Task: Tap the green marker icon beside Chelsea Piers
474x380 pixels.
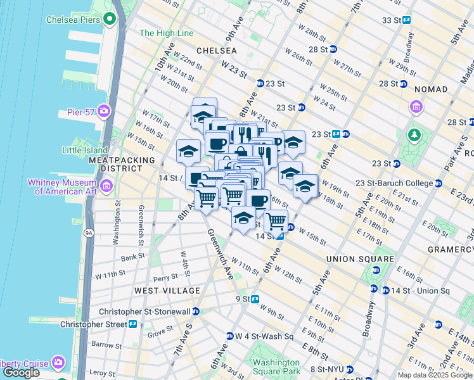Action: [x=110, y=19]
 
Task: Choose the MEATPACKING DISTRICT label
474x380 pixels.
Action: [x=115, y=165]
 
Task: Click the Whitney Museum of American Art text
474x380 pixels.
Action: [x=62, y=187]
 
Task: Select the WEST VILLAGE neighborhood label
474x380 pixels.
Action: [x=167, y=290]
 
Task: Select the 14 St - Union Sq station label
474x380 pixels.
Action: [x=421, y=291]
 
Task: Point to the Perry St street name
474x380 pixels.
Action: [x=165, y=277]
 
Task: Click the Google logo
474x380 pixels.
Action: [x=21, y=372]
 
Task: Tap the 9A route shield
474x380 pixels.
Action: [x=88, y=232]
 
